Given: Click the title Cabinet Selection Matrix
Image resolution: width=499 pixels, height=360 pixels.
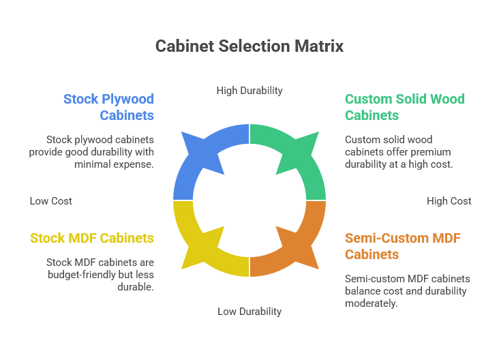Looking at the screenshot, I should pos(249,46).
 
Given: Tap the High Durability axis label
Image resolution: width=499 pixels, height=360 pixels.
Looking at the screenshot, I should pos(249,90).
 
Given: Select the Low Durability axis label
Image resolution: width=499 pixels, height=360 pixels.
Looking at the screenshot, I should pos(249,311).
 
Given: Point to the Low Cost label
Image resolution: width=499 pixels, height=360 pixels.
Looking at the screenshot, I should pos(51,201).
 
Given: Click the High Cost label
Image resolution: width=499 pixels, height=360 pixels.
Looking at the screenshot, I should pos(449,201).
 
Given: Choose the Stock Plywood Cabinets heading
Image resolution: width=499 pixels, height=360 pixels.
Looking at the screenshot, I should pos(109,107).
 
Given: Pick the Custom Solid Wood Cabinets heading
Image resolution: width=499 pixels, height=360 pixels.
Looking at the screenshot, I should pos(404,107).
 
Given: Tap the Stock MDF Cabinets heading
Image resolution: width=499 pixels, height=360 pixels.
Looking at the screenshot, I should pos(92,238).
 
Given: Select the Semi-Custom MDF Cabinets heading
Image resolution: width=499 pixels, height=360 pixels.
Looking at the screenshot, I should pos(402,246).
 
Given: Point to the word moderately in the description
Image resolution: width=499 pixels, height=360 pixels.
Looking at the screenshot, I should pos(372,303).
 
